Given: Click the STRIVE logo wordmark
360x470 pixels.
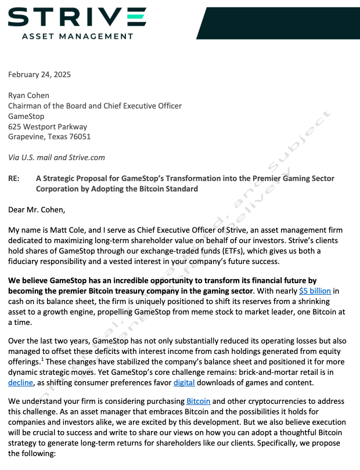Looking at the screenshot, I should click(77, 17).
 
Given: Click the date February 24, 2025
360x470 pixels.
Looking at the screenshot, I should click(39, 74).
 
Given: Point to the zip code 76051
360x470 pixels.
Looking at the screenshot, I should click(80, 137).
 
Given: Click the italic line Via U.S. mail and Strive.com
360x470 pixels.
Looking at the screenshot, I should click(57, 158).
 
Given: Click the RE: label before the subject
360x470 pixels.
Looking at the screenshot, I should click(15, 179).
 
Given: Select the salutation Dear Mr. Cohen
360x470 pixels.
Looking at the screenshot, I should click(37, 209).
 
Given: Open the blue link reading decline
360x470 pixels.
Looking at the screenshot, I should click(20, 382).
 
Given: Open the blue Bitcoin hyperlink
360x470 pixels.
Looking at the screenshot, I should click(199, 401).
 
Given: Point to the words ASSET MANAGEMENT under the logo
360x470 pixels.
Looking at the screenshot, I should click(77, 36).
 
